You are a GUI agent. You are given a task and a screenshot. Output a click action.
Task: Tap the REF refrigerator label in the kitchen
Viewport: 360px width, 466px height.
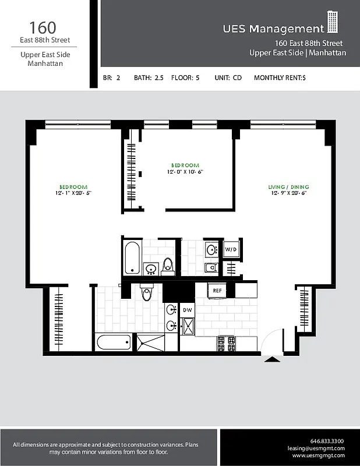pos(217,290)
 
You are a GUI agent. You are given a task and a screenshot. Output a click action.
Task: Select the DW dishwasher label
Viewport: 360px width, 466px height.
pos(188,310)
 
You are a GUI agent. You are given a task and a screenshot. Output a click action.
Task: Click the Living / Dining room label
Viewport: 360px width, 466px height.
pos(288,187)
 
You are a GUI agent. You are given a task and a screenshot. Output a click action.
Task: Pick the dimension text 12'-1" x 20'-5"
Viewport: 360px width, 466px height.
pos(74,193)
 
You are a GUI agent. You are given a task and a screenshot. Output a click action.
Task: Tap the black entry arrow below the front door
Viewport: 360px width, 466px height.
pos(271,360)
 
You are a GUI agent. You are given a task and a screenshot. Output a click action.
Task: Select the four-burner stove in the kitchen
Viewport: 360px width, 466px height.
pos(226,344)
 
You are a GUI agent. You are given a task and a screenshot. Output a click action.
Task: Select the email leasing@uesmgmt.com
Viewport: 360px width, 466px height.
pos(316,448)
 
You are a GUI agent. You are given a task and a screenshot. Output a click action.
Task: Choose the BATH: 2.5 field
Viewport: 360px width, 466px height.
pos(149,77)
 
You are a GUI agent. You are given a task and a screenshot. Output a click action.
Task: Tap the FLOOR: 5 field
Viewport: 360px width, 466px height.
pos(185,77)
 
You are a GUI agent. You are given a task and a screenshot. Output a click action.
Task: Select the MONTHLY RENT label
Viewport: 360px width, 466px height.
pos(280,77)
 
